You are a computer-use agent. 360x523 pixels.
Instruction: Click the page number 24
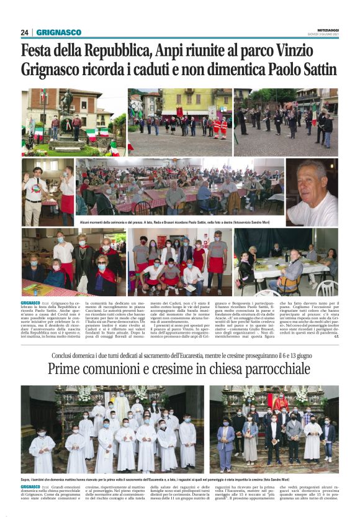(x=25, y=32)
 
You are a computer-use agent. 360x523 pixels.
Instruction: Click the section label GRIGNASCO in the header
(x=58, y=32)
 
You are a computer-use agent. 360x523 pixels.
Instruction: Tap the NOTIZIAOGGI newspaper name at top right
(x=323, y=29)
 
